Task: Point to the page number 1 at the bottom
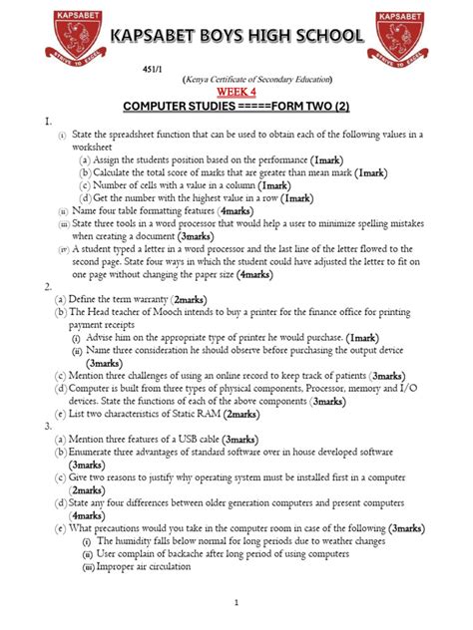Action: (x=236, y=602)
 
